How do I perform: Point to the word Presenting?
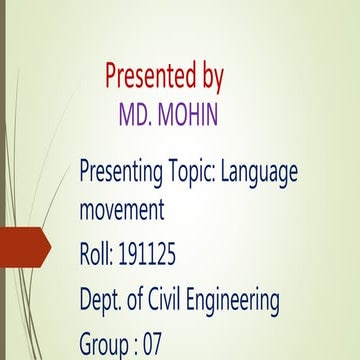click(x=121, y=172)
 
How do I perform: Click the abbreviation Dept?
click(x=104, y=300)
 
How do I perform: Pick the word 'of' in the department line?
click(x=146, y=300)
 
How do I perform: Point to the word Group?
click(x=104, y=346)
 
